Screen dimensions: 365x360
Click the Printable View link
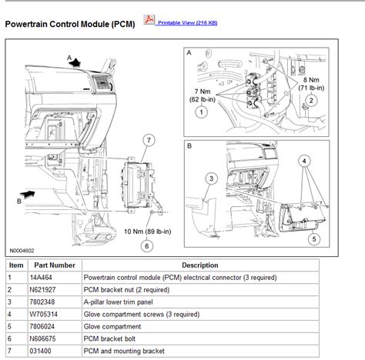coord(187,23)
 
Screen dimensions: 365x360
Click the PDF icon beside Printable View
coord(149,20)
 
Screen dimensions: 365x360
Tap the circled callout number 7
coord(149,140)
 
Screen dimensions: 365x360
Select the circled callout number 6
coord(147,246)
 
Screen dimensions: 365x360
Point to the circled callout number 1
coord(202,112)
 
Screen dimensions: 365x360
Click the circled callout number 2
coord(311,100)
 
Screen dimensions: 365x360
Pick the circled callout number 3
coord(212,178)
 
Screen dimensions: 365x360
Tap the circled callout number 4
coord(304,161)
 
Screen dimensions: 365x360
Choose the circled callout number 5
coord(314,239)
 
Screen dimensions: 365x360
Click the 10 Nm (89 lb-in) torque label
coord(148,232)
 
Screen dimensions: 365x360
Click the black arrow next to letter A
coord(75,62)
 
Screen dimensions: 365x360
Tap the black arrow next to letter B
coord(27,194)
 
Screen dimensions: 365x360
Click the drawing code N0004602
coord(22,251)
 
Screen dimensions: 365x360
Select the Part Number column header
coord(55,265)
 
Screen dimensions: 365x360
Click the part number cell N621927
coord(42,290)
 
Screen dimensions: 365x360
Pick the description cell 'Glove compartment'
coord(112,326)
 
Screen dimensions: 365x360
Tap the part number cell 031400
coord(40,351)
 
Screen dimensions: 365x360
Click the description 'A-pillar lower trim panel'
coord(118,302)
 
